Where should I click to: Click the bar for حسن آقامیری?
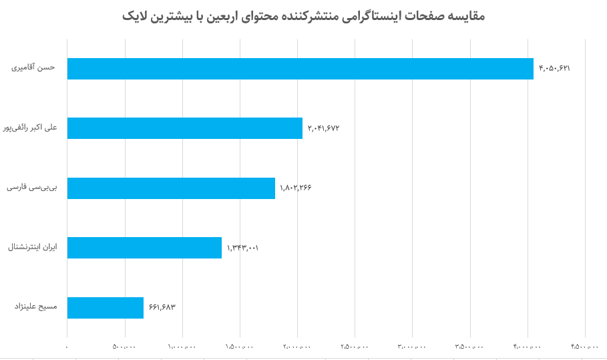300,69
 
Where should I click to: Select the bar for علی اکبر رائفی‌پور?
185,128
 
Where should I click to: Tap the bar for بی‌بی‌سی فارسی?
171,188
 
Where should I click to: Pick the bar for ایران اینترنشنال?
144,248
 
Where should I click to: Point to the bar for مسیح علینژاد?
106,308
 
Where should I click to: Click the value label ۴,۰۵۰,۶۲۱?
554,69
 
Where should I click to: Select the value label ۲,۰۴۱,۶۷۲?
323,128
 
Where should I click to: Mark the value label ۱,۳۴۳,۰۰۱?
242,248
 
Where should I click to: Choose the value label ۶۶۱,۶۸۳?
162,307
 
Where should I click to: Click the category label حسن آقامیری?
33,67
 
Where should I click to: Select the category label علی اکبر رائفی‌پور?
30,127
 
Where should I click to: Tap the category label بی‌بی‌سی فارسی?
32,187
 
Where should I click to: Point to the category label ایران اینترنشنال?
33,246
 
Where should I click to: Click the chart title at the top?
303,16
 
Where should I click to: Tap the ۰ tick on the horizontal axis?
67,346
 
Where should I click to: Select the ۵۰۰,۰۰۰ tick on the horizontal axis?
125,346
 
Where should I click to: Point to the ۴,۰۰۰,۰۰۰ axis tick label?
528,346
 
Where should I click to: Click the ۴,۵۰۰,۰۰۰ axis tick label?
585,346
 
